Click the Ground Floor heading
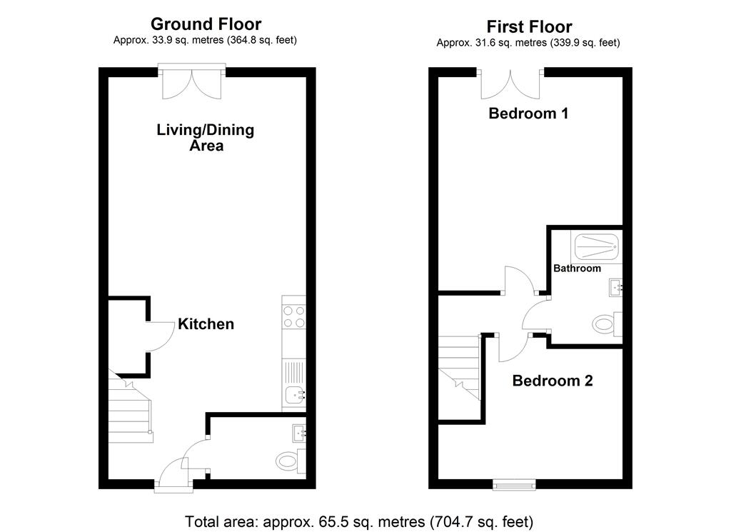click(206, 25)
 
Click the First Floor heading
click(529, 27)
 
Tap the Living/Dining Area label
click(206, 138)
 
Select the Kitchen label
click(206, 324)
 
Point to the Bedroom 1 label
click(528, 113)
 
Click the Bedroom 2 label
click(553, 381)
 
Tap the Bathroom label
click(578, 268)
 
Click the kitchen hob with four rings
click(294, 316)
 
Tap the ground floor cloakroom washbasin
click(299, 431)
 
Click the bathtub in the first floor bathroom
click(597, 248)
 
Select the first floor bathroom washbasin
click(616, 288)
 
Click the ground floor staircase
click(129, 412)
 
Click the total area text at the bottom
click(359, 521)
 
